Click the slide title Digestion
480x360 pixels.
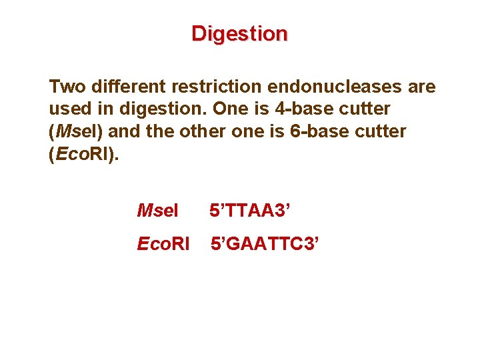(x=239, y=33)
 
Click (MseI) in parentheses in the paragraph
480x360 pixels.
(x=73, y=131)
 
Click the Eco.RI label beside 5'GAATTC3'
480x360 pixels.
(x=163, y=244)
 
